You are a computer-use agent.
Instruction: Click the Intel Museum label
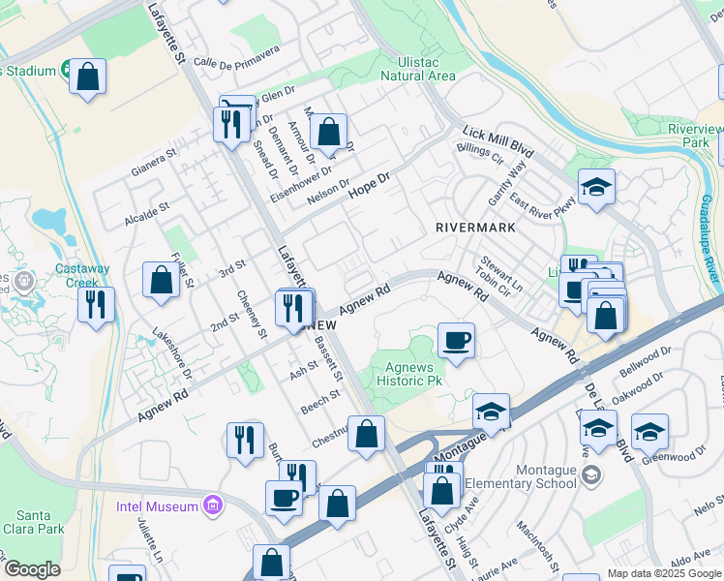point(158,505)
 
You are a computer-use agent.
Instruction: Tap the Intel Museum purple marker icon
point(213,505)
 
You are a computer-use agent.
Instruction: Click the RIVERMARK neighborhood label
point(473,228)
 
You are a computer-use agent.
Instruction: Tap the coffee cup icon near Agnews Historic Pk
point(456,341)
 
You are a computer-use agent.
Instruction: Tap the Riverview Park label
point(696,136)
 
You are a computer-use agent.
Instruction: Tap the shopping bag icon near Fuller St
point(161,280)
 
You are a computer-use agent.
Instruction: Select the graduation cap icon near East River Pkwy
point(596,188)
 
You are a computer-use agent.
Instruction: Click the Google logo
point(31,569)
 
